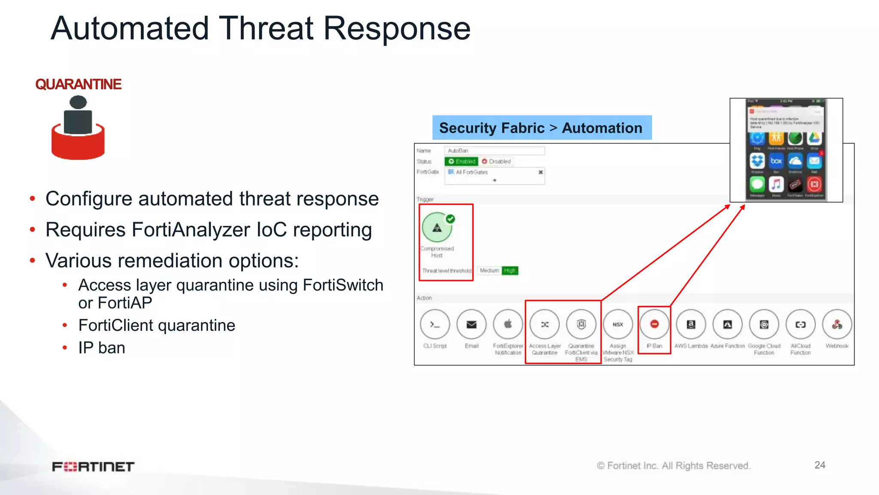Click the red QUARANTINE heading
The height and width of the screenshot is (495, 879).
coord(78,84)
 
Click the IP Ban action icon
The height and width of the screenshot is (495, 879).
coord(654,324)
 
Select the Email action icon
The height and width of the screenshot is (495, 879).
coord(471,324)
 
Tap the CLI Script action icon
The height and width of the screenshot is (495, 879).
coord(435,324)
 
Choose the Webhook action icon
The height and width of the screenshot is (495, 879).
coord(837,324)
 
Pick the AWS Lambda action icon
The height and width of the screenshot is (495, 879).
coord(691,324)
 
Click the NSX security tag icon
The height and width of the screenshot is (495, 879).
coord(618,324)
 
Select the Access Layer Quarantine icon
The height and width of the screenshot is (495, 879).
coord(545,324)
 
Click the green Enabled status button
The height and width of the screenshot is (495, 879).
coord(461,162)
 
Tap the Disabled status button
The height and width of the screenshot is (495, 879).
coord(496,162)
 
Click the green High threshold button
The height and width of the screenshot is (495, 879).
coord(510,271)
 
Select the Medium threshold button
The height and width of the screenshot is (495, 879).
coord(489,271)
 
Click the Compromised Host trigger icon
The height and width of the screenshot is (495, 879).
coord(437,228)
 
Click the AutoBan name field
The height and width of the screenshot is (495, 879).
coord(494,151)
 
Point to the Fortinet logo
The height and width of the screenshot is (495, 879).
coord(93,467)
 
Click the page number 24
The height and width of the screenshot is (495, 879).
coord(820,465)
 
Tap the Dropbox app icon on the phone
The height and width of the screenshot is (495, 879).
coord(757,161)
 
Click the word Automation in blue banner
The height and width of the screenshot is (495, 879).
coord(602,128)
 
